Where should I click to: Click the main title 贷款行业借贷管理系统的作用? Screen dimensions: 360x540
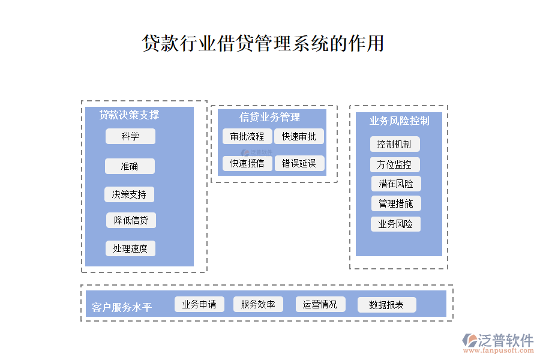[x=263, y=43]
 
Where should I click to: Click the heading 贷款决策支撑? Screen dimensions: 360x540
[x=129, y=115]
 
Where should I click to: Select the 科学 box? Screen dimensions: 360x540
[x=130, y=136]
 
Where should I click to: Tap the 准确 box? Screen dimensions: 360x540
[x=130, y=166]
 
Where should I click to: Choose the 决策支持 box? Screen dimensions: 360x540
[x=129, y=194]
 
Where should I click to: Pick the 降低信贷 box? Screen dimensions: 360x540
[x=131, y=220]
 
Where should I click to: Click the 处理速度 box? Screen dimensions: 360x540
[x=130, y=248]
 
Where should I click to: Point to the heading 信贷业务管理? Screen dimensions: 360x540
[x=270, y=117]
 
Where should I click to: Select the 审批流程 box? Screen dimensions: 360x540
[x=247, y=136]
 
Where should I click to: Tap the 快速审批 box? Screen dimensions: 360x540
[x=299, y=136]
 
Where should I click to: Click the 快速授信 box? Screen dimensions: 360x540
[x=247, y=163]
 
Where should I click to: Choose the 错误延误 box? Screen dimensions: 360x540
[x=299, y=163]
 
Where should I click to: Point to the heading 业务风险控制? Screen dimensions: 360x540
[x=400, y=121]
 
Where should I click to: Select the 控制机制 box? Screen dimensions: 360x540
[x=395, y=144]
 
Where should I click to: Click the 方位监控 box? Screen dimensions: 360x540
[x=395, y=164]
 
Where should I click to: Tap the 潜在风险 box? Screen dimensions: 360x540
[x=396, y=184]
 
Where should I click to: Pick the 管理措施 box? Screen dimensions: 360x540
[x=396, y=203]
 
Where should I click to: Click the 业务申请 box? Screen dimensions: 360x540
[x=199, y=304]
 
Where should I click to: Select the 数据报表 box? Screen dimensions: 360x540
[x=386, y=305]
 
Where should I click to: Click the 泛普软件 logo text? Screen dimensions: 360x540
[x=505, y=340]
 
